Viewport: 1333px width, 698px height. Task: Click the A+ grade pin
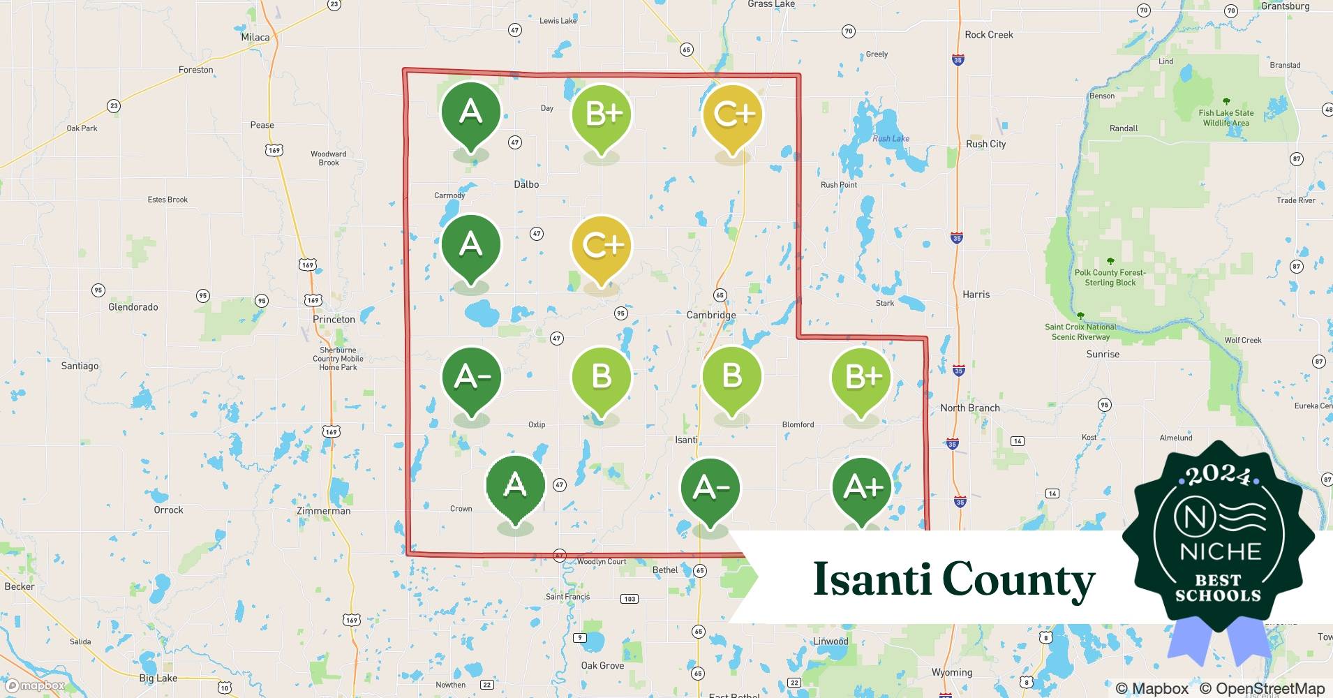pos(863,489)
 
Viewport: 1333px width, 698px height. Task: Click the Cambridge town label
pos(710,315)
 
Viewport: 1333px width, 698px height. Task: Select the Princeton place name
pos(334,319)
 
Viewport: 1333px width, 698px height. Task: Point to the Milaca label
pos(255,37)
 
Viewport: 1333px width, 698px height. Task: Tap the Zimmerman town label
pos(323,511)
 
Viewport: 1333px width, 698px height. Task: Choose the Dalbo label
pos(526,184)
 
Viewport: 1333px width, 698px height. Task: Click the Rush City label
pos(985,144)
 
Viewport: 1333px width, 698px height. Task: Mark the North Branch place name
pos(969,408)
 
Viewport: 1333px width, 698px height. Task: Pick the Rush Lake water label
pos(891,138)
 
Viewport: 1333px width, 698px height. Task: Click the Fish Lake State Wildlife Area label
pos(1226,118)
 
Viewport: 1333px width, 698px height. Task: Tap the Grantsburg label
pos(1285,6)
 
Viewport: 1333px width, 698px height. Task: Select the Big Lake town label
pos(158,678)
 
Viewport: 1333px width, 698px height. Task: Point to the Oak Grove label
pos(602,665)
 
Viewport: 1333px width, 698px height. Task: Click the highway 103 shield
pos(630,599)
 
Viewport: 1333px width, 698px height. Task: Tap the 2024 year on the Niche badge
pos(1219,476)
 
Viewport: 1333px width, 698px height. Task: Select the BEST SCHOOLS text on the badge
pos(1218,588)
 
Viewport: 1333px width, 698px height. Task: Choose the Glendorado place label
pos(133,307)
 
